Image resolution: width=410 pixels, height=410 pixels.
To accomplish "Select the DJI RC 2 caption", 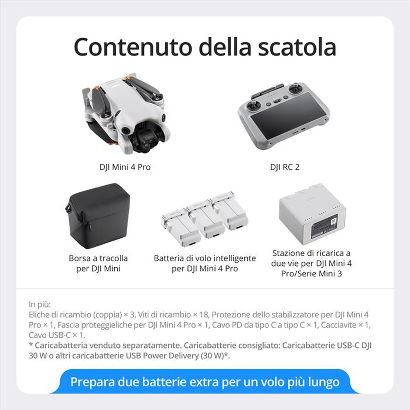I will pos(285,167).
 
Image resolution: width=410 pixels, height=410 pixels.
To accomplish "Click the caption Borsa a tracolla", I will pos(98,258).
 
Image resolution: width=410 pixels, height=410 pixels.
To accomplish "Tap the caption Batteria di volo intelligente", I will pos(205,258).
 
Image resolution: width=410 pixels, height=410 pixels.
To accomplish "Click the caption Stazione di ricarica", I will pos(311,253).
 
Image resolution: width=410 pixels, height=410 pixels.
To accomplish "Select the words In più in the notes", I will pos(40,305).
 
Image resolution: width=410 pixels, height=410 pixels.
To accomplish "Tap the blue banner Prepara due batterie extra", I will pos(205,382).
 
